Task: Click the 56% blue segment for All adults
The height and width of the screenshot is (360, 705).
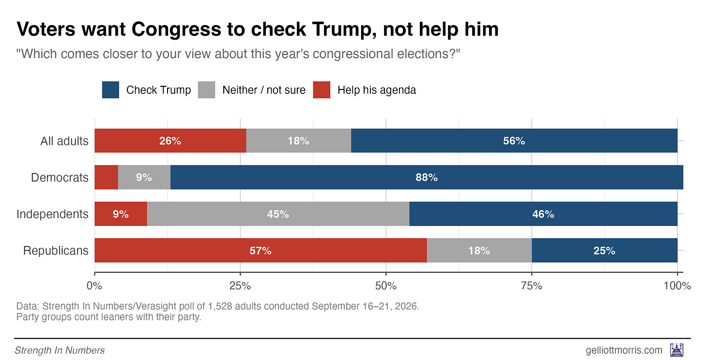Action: pyautogui.click(x=514, y=140)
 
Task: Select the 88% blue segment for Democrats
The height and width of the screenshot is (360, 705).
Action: pyautogui.click(x=427, y=177)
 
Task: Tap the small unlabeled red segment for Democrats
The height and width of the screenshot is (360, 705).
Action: pyautogui.click(x=107, y=177)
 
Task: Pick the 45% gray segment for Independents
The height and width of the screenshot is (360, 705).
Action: pyautogui.click(x=278, y=214)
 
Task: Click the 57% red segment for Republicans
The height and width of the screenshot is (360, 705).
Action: pyautogui.click(x=261, y=250)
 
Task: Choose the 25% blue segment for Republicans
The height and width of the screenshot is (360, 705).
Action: pyautogui.click(x=604, y=250)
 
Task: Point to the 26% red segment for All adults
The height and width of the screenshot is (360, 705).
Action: pyautogui.click(x=170, y=140)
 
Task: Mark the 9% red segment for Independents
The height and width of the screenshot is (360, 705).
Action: pyautogui.click(x=121, y=214)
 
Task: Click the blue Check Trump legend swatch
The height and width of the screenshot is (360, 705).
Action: pyautogui.click(x=110, y=90)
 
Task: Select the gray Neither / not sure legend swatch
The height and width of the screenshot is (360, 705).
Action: pyautogui.click(x=206, y=90)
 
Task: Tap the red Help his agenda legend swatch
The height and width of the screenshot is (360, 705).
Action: pyautogui.click(x=322, y=90)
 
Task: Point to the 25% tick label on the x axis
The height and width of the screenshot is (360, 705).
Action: pyautogui.click(x=240, y=286)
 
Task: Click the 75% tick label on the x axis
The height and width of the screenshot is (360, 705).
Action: pyautogui.click(x=532, y=286)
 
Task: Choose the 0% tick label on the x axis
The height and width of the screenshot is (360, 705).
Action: pyautogui.click(x=94, y=286)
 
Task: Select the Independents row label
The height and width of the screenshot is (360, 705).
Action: pyautogui.click(x=52, y=214)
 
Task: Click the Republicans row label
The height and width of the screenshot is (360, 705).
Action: pyautogui.click(x=56, y=251)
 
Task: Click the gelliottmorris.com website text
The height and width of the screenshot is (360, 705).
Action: pyautogui.click(x=624, y=350)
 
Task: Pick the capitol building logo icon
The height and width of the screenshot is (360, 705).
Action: pyautogui.click(x=677, y=350)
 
